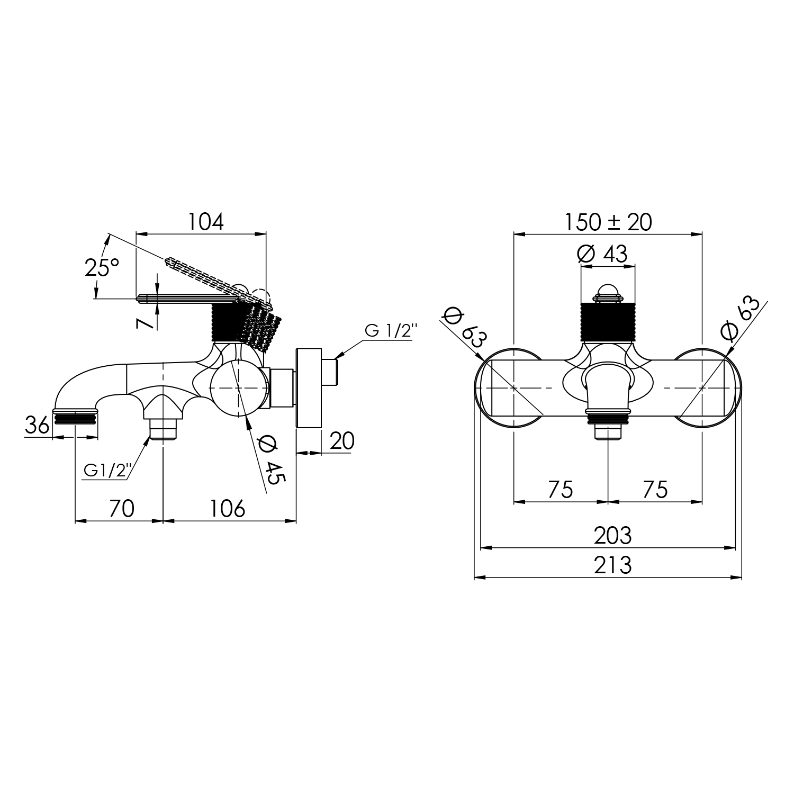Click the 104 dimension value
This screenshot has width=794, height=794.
coord(206,222)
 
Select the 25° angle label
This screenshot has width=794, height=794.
coord(102,267)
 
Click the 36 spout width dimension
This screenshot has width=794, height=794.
coord(38,425)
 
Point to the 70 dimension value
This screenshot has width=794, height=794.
coord(122,509)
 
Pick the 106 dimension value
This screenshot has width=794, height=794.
coord(228,509)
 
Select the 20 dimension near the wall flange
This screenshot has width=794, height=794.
coord(341,440)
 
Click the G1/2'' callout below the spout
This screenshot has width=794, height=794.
coord(106,470)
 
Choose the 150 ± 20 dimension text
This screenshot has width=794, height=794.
coord(608,222)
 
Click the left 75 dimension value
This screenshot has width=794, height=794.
coord(561,490)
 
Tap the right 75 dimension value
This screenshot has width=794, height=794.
coord(655,490)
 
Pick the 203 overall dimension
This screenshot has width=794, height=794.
coord(612,536)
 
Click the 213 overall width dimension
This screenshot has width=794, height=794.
coord(612,565)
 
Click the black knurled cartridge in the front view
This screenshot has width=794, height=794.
coord(607,322)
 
